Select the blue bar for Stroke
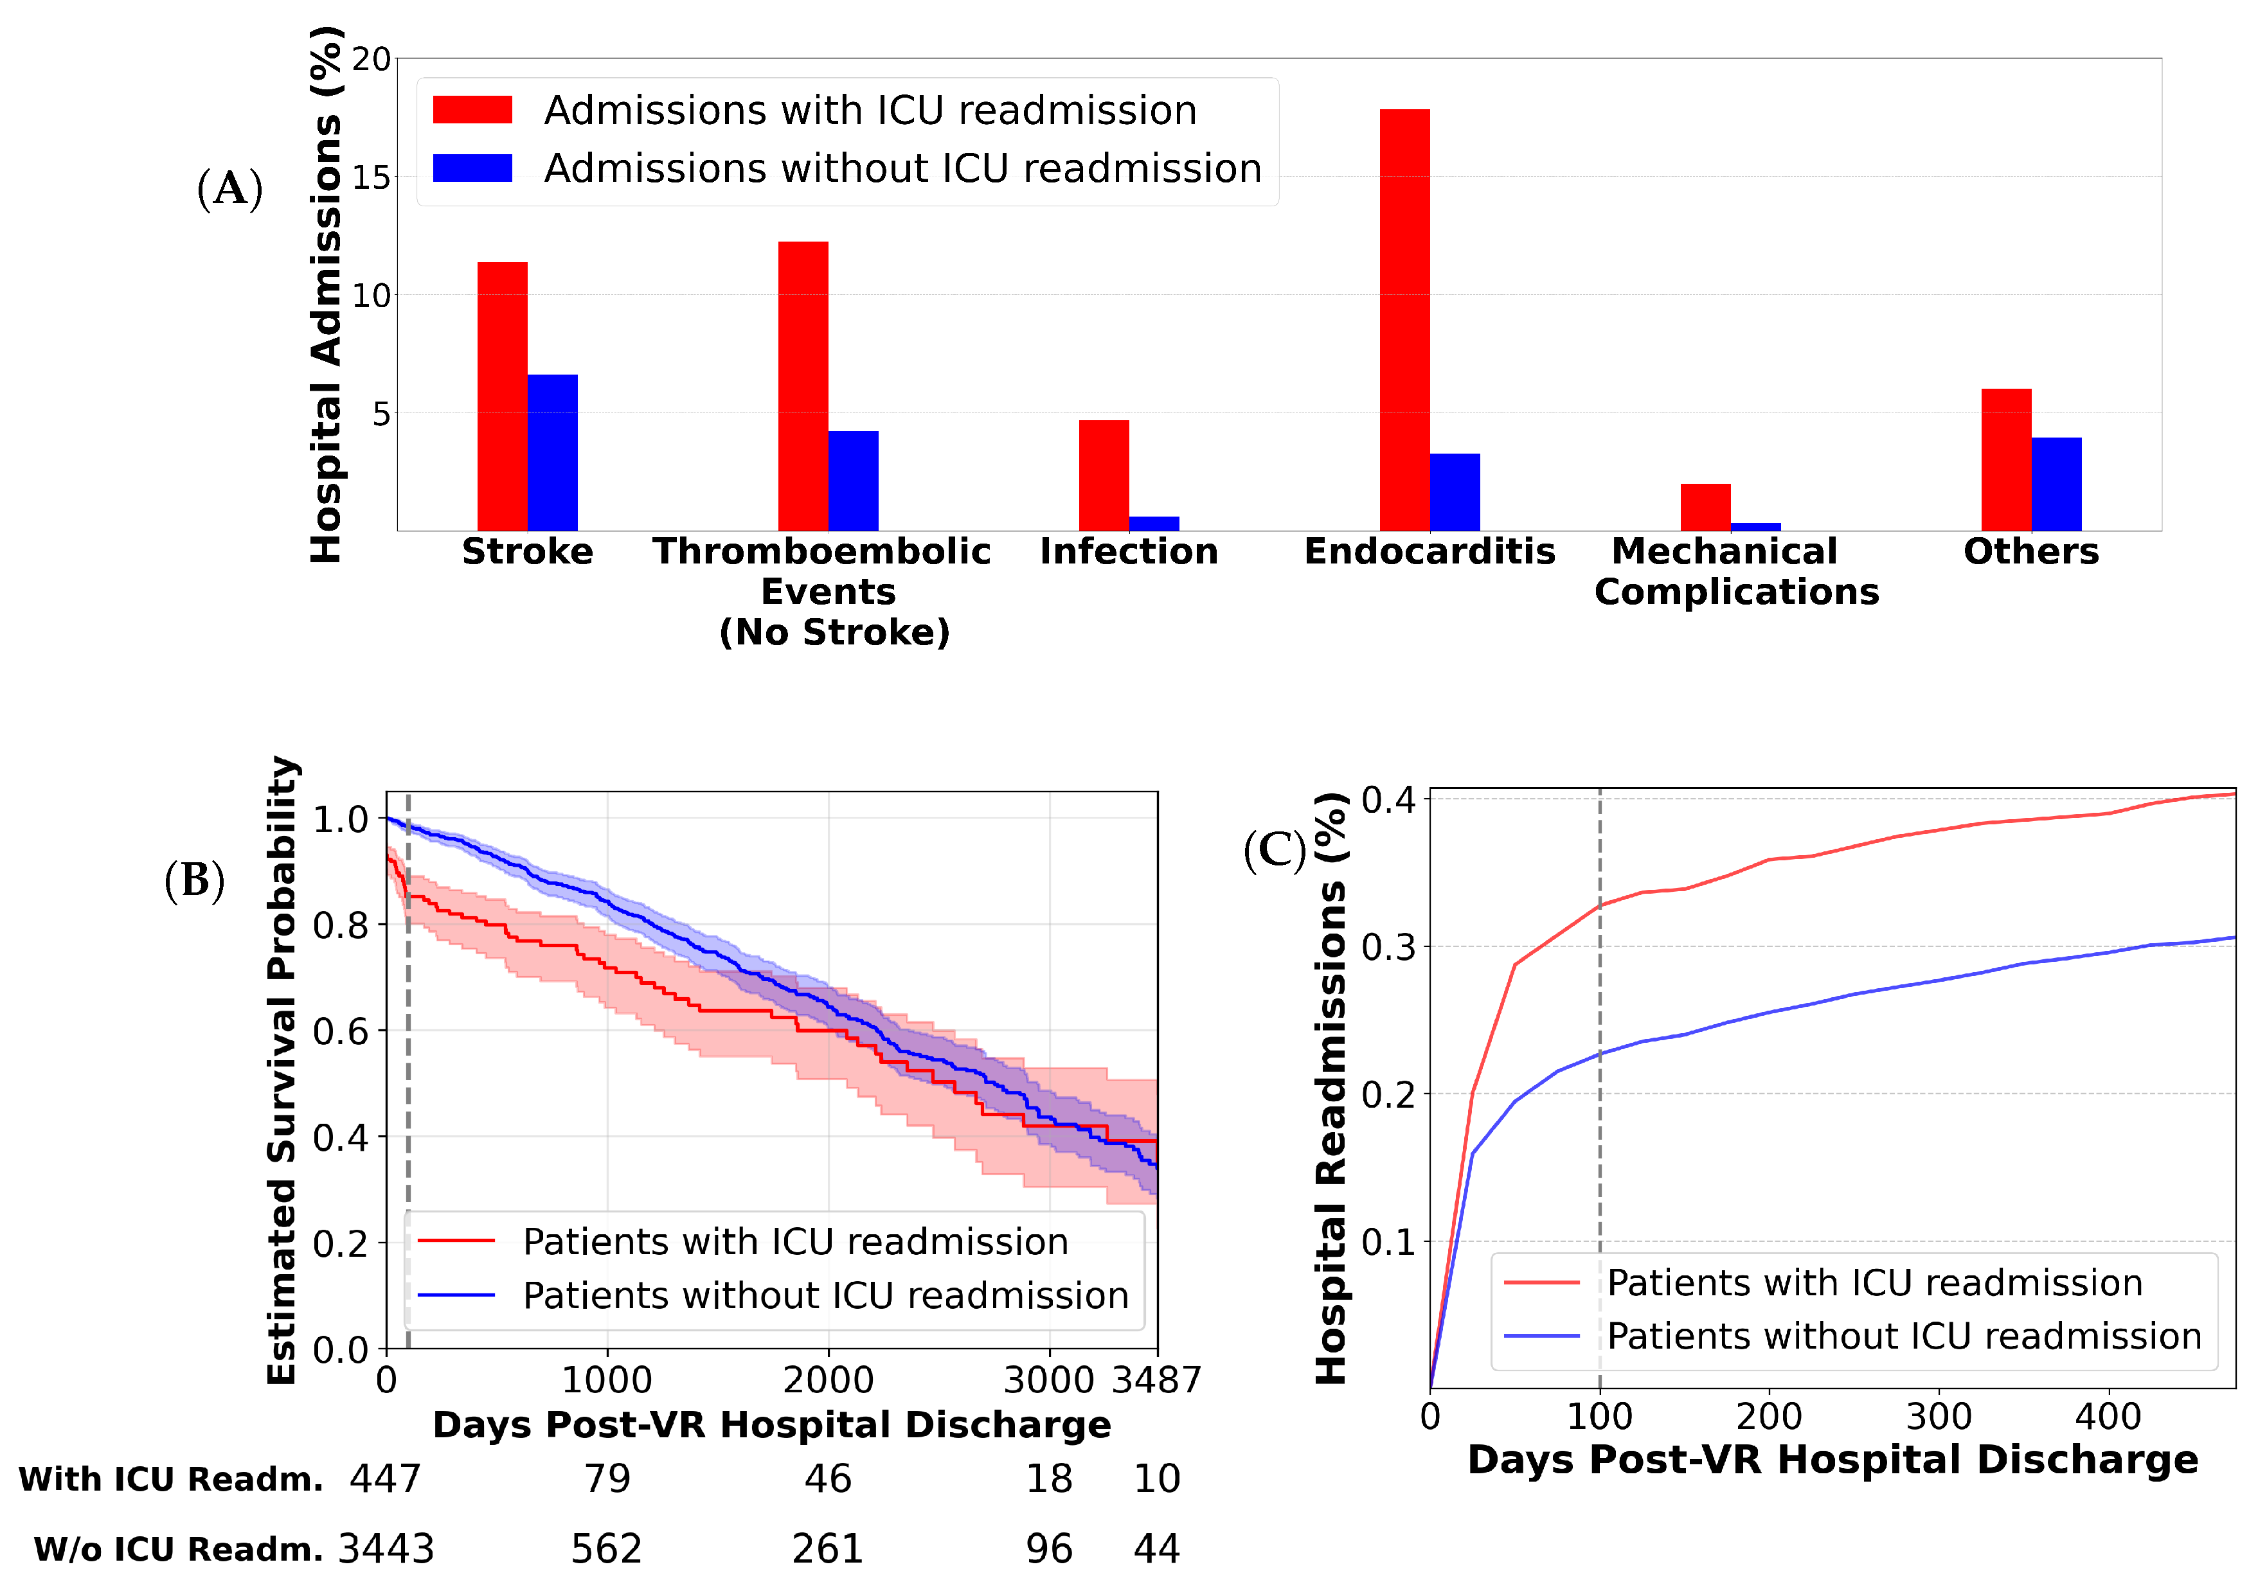click(x=553, y=452)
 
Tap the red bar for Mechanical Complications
click(x=1705, y=508)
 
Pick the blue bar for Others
click(x=2056, y=484)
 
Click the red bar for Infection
click(x=1104, y=476)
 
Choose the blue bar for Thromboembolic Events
click(x=854, y=481)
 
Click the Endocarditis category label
click(x=1430, y=552)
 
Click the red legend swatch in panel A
click(x=473, y=110)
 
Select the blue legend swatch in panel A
click(x=473, y=168)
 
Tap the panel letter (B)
click(x=195, y=880)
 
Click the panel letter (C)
click(x=1275, y=849)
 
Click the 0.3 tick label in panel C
click(x=1388, y=947)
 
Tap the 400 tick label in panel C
click(x=2108, y=1417)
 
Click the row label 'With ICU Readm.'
click(x=171, y=1479)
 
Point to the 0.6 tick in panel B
click(x=340, y=1031)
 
